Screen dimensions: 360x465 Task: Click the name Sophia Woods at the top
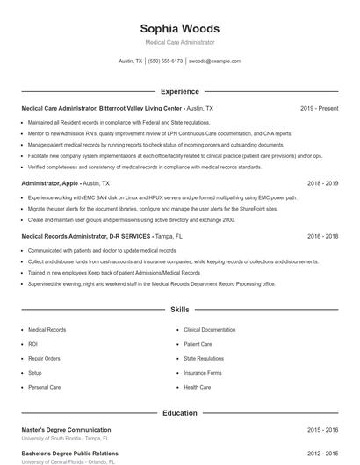click(x=179, y=29)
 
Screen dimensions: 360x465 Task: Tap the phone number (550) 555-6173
click(x=165, y=61)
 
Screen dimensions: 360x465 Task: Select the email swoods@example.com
click(x=214, y=61)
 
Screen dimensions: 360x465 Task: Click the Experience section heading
click(x=179, y=91)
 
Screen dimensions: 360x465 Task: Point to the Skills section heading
click(x=179, y=310)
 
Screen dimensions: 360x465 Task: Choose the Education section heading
click(x=179, y=412)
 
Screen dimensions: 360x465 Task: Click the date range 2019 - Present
click(x=319, y=108)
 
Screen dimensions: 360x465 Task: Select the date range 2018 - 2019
click(x=322, y=183)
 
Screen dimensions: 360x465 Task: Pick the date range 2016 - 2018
click(x=322, y=236)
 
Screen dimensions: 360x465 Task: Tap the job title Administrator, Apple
click(x=50, y=183)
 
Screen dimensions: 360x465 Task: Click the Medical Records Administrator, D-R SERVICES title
click(x=85, y=236)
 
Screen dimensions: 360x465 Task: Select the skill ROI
click(x=32, y=344)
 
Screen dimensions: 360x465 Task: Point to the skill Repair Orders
click(x=44, y=358)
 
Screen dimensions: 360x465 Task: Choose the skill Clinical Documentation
click(x=209, y=330)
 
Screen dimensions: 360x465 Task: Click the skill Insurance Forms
click(x=202, y=372)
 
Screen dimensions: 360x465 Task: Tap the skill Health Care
click(x=197, y=387)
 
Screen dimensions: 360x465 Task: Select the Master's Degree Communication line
click(x=66, y=430)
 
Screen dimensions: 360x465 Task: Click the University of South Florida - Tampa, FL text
click(x=65, y=438)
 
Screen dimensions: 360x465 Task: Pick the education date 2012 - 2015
click(x=322, y=454)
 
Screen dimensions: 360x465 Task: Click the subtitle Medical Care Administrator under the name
click(x=179, y=42)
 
